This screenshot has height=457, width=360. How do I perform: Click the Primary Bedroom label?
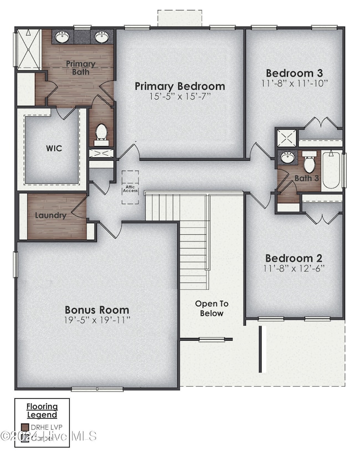[x=180, y=86]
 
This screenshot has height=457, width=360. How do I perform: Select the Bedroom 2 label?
[x=294, y=258]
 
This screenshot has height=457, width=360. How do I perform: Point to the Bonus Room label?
[x=97, y=310]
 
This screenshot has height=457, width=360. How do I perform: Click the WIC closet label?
[x=54, y=148]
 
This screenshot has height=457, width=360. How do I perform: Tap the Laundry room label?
[x=50, y=215]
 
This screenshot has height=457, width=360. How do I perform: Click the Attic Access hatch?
[x=130, y=187]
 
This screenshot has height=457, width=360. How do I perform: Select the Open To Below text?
[x=212, y=309]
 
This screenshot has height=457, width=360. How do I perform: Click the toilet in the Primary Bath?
[x=101, y=132]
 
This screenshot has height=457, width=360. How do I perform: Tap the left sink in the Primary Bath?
[x=62, y=38]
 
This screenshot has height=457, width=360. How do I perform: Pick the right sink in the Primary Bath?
[x=101, y=38]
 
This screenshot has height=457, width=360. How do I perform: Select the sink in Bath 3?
[x=287, y=158]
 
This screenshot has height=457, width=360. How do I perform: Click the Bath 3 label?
[x=306, y=178]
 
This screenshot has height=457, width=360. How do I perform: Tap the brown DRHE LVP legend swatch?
[x=24, y=428]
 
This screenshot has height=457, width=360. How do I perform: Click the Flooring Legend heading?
[x=42, y=410]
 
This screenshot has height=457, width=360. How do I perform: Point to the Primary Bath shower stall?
[x=28, y=50]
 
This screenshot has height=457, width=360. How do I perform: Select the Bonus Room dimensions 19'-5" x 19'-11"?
[x=97, y=321]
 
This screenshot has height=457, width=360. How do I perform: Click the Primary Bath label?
[x=80, y=68]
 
